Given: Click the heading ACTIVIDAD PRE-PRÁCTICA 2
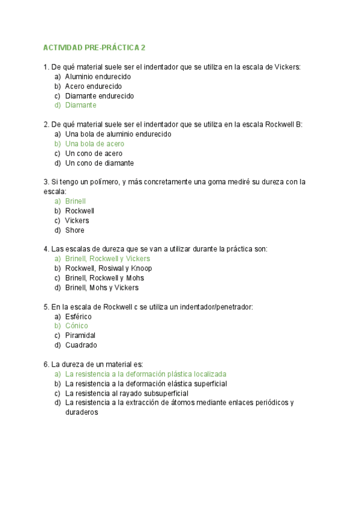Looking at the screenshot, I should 95,47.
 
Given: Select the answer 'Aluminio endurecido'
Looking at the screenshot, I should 98,76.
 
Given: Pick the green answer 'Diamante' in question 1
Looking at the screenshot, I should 80,105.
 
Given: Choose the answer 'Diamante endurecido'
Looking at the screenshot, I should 99,95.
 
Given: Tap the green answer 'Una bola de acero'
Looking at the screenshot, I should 94,143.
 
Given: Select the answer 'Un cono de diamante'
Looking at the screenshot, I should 99,163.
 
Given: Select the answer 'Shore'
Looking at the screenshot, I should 74,230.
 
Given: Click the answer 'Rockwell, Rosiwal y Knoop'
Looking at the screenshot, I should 108,268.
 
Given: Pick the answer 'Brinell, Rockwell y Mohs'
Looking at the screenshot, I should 104,278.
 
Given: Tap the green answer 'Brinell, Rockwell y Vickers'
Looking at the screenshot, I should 107,259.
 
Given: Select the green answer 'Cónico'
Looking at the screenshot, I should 76,326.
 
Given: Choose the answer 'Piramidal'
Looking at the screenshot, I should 80,336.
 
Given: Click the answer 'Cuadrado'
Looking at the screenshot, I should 80,345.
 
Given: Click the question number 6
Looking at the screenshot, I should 46,364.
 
